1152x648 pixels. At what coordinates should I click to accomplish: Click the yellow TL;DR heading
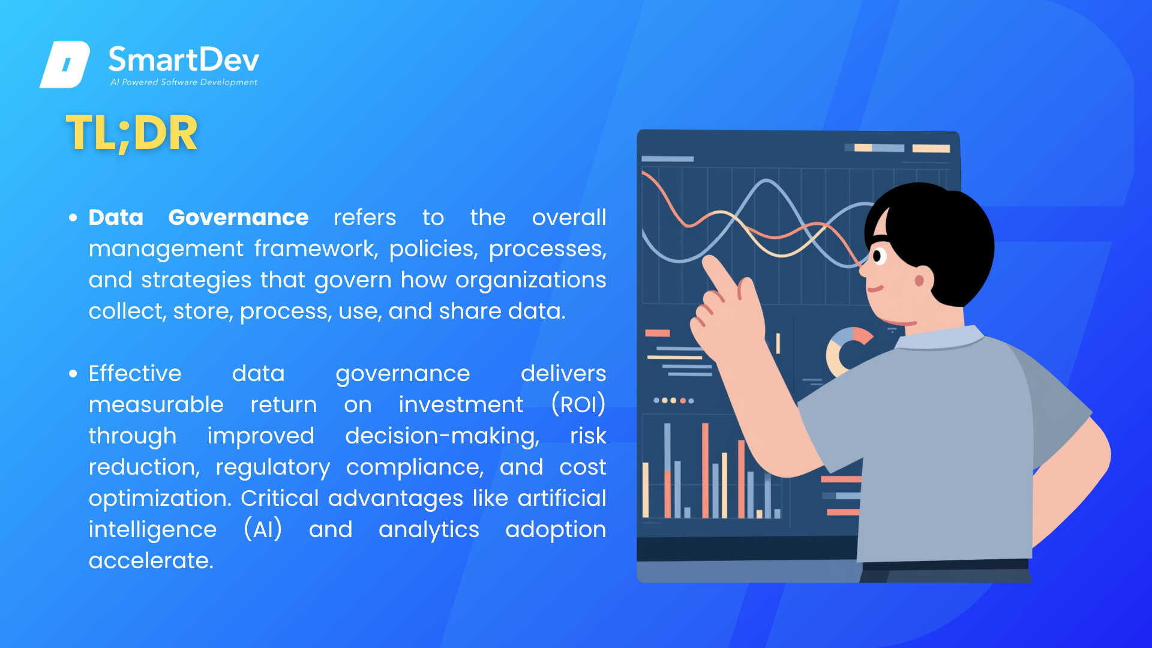click(x=131, y=133)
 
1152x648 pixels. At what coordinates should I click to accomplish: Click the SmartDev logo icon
click(x=65, y=64)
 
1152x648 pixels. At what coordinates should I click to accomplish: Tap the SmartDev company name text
click(x=184, y=59)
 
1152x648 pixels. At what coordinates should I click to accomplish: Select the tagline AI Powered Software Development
click(x=184, y=82)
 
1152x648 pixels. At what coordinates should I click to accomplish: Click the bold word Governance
click(x=238, y=217)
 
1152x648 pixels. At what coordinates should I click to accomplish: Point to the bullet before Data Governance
click(x=73, y=218)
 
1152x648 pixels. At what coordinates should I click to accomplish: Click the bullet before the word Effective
click(x=73, y=374)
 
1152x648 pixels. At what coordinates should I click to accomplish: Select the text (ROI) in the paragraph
click(x=578, y=404)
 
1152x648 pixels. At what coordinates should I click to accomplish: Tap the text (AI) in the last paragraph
click(x=263, y=529)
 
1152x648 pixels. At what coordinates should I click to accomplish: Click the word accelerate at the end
click(x=151, y=560)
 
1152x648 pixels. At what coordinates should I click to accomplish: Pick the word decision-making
click(x=442, y=436)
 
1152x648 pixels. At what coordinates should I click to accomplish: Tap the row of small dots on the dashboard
click(x=673, y=400)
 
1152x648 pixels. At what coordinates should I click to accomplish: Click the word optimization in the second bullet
click(x=160, y=498)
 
